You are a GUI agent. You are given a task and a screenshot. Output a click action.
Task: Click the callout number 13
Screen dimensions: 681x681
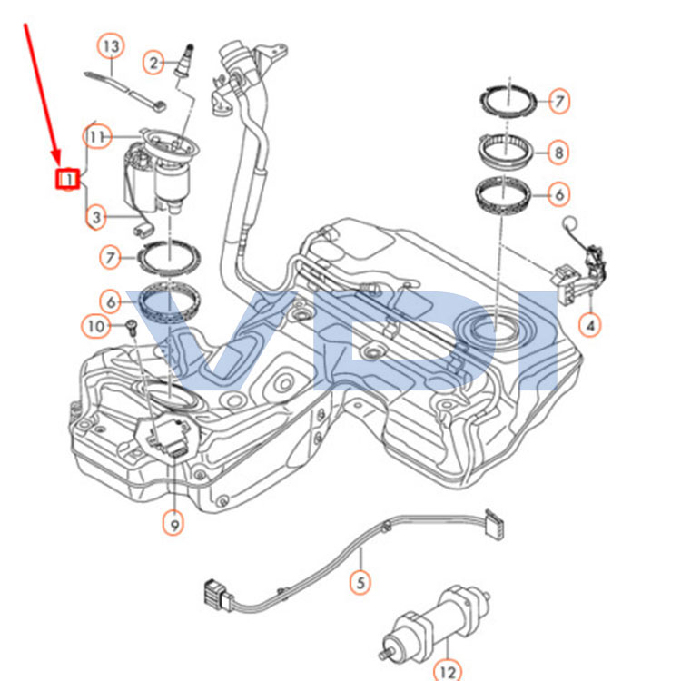click(x=110, y=45)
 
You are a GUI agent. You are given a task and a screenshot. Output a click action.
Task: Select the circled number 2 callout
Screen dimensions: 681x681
click(x=154, y=62)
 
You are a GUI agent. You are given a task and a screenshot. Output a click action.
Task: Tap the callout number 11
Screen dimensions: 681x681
click(x=99, y=136)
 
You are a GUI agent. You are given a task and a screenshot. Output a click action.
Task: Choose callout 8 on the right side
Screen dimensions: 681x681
click(x=558, y=153)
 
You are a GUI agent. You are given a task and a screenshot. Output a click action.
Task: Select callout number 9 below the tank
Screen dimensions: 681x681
click(x=173, y=522)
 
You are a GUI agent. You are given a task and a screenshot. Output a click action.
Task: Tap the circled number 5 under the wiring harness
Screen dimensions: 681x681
click(x=361, y=581)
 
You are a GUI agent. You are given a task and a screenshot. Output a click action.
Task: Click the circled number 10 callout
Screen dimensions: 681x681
click(x=96, y=324)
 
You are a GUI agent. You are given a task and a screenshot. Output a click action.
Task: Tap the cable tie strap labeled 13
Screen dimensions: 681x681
click(x=123, y=87)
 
